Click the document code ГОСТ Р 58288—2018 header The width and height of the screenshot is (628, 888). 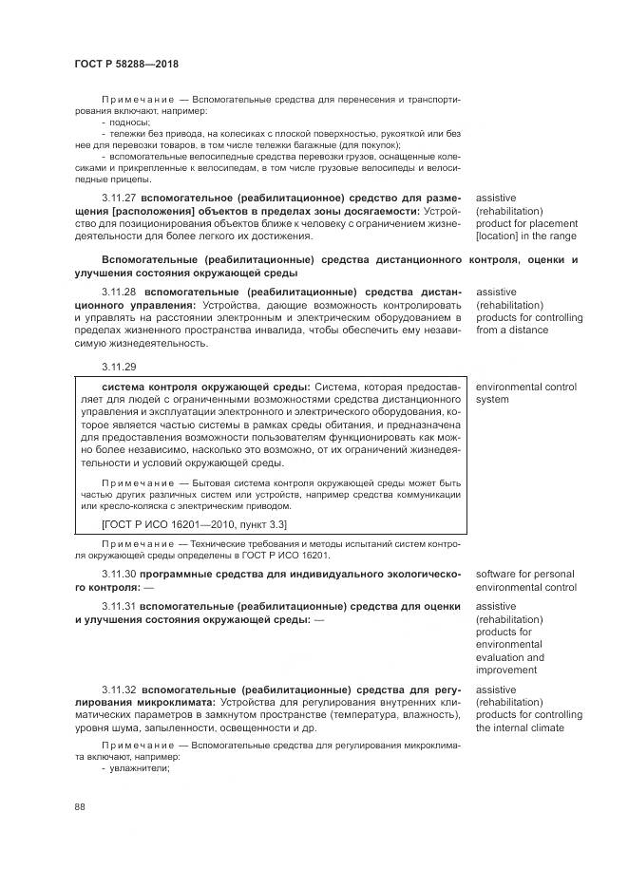pos(126,64)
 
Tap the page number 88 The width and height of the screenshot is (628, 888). pos(80,807)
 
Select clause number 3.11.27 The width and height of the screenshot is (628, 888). pos(120,198)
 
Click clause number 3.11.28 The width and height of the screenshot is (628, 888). pos(120,293)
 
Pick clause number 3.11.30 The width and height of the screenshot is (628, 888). pos(120,575)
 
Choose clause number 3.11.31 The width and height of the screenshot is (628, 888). pos(120,606)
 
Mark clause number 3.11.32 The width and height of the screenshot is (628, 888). pos(120,690)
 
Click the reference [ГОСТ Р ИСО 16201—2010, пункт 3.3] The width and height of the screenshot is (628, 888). pos(194,524)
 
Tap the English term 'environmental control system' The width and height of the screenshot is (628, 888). pos(525,393)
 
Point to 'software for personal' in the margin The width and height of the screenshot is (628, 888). pos(524,575)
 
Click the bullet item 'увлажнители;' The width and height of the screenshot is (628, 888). pos(138,768)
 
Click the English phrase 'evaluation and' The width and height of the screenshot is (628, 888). pos(509,657)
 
